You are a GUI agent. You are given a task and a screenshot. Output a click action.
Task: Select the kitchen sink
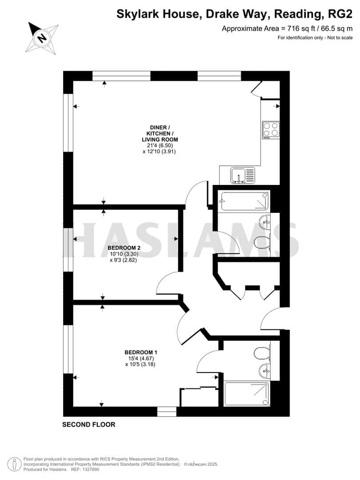pyautogui.click(x=243, y=175)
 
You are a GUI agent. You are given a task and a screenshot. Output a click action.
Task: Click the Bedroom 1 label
pyautogui.click(x=140, y=352)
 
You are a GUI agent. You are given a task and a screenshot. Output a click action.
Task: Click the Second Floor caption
pyautogui.click(x=88, y=424)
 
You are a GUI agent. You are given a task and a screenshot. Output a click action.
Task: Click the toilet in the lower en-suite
pyautogui.click(x=263, y=353)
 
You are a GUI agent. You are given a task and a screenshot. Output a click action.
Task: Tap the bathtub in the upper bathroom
pyautogui.click(x=244, y=201)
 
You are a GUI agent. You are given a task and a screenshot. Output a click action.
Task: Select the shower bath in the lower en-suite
pyautogui.click(x=247, y=392)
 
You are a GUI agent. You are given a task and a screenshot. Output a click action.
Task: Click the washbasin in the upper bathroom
pyautogui.click(x=265, y=221)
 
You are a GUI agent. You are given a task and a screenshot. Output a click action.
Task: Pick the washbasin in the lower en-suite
pyautogui.click(x=265, y=370)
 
